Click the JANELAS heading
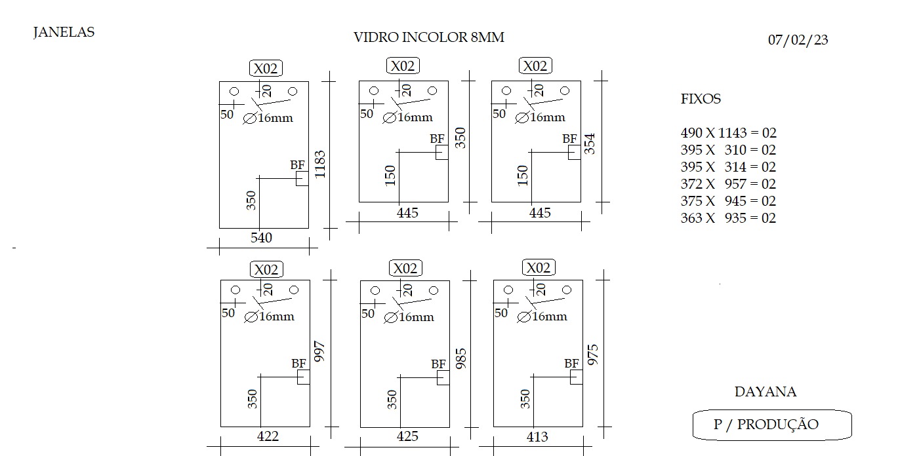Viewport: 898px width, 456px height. click(x=64, y=32)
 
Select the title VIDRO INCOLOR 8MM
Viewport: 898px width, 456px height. click(x=428, y=37)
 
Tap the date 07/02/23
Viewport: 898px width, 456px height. click(x=798, y=39)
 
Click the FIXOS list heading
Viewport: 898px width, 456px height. click(x=701, y=99)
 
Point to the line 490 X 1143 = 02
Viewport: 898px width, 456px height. click(x=728, y=132)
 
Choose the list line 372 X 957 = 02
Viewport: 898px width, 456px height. click(x=728, y=183)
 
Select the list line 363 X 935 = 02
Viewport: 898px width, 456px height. click(x=728, y=218)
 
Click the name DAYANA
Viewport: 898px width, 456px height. click(x=765, y=392)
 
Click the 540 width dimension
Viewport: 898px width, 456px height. click(x=261, y=238)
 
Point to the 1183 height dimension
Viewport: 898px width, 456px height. click(x=320, y=164)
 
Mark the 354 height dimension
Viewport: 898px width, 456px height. click(x=589, y=143)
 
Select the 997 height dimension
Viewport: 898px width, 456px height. click(x=319, y=352)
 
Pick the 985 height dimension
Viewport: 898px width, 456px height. click(x=461, y=358)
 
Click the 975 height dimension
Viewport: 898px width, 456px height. click(x=592, y=354)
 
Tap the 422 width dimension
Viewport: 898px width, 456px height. click(x=268, y=436)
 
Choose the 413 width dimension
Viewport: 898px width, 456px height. click(x=537, y=436)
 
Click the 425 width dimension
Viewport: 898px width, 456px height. click(x=407, y=436)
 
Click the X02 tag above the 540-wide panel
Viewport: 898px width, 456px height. click(x=266, y=68)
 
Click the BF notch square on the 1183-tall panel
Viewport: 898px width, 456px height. click(x=302, y=179)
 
